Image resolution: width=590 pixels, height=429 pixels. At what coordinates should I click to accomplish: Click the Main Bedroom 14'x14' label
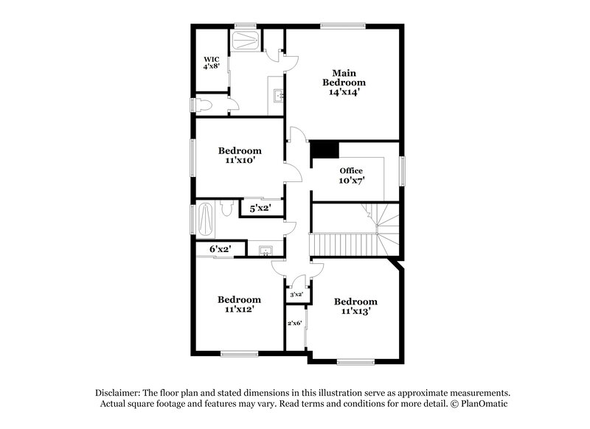click(x=344, y=83)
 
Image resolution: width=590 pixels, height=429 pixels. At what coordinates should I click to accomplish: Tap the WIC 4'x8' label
click(x=212, y=63)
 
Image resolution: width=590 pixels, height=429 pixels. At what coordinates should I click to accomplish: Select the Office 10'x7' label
click(x=352, y=175)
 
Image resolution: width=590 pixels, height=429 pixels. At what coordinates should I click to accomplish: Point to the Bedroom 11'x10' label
click(x=240, y=156)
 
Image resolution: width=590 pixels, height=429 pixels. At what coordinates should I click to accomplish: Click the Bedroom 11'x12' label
click(x=239, y=304)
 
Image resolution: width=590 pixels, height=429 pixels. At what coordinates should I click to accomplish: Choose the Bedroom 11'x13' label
click(x=355, y=306)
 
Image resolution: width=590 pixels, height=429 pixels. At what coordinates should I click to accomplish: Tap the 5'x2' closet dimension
click(x=260, y=208)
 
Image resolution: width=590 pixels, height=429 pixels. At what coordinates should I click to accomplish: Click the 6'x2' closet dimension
click(x=220, y=248)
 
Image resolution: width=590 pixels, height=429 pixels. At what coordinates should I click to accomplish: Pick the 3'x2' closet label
click(x=296, y=294)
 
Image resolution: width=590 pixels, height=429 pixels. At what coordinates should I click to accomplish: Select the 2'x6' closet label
click(x=294, y=323)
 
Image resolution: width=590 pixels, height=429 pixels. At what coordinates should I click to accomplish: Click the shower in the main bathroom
click(x=246, y=41)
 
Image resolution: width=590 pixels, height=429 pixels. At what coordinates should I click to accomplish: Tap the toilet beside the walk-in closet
click(x=202, y=105)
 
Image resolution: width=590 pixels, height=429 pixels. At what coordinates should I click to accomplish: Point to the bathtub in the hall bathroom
click(x=206, y=220)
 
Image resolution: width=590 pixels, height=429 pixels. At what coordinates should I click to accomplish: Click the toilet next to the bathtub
click(x=227, y=208)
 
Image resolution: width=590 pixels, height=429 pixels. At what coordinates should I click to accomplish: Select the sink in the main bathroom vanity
click(x=279, y=96)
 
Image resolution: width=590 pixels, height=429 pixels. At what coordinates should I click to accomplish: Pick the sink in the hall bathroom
click(x=266, y=250)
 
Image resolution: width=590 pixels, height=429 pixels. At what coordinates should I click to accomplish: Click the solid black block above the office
click(x=324, y=150)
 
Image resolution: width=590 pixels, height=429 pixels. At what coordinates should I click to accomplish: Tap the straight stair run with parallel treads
click(x=343, y=245)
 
